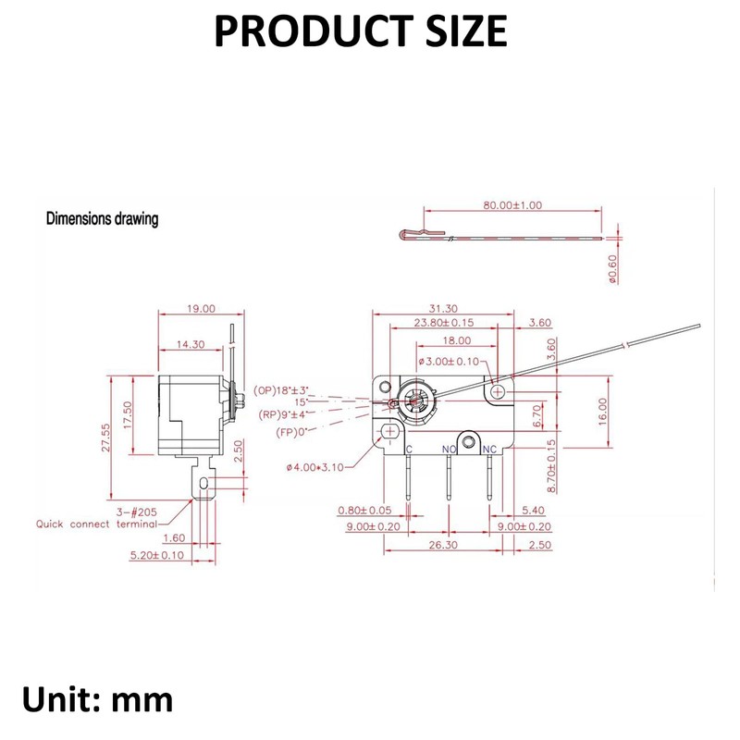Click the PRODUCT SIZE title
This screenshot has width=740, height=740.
click(x=361, y=32)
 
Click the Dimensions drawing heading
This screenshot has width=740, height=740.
click(x=103, y=220)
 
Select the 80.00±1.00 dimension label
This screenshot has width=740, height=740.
click(x=512, y=205)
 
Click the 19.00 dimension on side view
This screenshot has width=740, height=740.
click(x=200, y=308)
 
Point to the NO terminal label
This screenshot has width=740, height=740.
click(x=449, y=450)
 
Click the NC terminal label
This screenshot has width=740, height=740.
click(x=490, y=450)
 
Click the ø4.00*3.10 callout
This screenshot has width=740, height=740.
click(x=314, y=467)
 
